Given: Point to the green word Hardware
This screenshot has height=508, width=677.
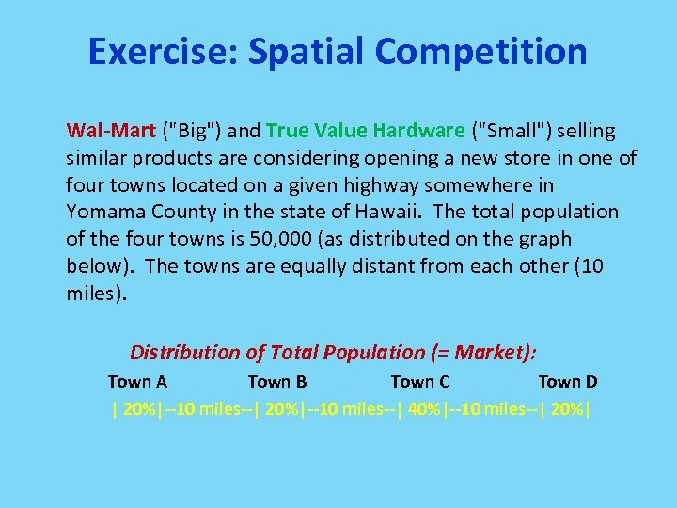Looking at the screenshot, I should [x=419, y=130].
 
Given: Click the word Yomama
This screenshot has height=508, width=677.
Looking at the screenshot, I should [x=103, y=212].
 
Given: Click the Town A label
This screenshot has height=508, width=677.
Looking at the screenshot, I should [x=137, y=382].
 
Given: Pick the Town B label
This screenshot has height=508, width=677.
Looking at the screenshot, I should [x=276, y=382].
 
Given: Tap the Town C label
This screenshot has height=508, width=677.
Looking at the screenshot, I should [x=419, y=382].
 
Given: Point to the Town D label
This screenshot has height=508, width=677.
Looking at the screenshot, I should [x=567, y=382].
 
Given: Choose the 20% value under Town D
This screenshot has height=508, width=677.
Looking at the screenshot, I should [x=567, y=410].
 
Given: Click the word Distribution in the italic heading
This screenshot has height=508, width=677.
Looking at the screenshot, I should [x=184, y=353].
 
